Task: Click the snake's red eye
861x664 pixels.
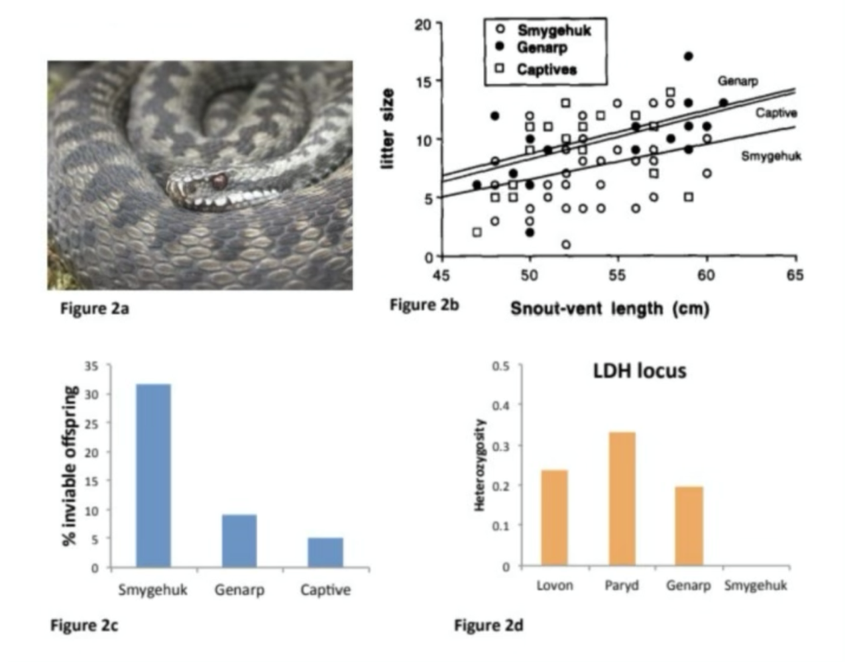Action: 218,180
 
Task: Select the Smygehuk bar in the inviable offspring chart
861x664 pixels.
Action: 154,476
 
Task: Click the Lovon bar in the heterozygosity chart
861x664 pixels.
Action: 554,518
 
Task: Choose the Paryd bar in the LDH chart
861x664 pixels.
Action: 622,499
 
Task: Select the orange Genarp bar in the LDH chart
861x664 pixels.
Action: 689,526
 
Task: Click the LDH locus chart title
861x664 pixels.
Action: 640,371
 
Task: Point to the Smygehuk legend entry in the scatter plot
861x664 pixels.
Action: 553,30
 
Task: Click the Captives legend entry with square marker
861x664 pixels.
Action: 546,69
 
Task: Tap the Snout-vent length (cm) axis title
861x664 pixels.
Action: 610,309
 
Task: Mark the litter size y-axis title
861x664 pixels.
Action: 388,129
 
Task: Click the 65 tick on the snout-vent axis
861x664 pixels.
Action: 795,275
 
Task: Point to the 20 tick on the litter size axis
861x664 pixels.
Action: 423,25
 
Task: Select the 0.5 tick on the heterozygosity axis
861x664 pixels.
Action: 500,366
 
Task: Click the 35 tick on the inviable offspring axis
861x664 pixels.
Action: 91,366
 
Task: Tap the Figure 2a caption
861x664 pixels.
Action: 94,309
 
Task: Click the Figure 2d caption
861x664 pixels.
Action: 488,626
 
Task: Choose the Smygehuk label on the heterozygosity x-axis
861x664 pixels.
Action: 756,586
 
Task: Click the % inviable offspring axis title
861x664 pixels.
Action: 70,465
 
